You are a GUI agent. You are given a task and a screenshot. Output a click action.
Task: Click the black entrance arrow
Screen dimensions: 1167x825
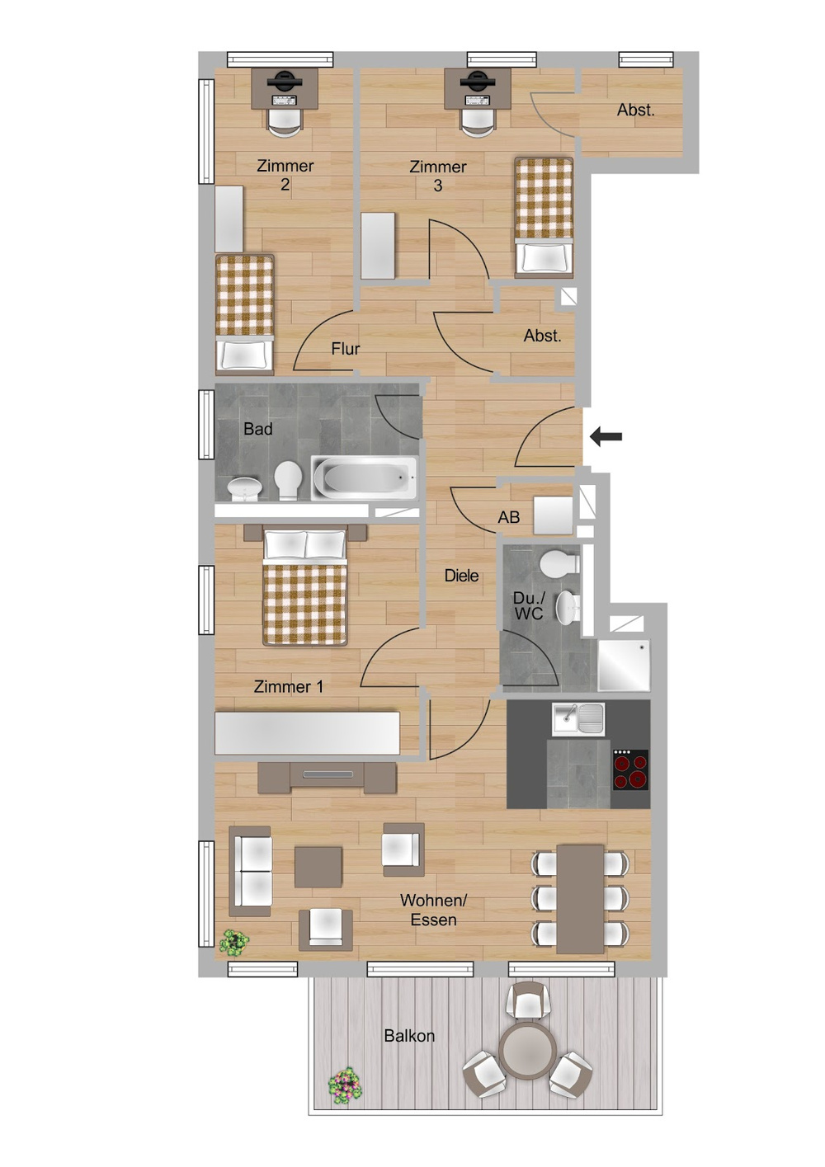click(x=606, y=437)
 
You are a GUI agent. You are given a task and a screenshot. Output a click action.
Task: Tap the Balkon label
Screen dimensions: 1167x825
click(x=409, y=1036)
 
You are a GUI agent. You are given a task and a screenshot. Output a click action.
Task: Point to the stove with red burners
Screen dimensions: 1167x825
click(x=630, y=770)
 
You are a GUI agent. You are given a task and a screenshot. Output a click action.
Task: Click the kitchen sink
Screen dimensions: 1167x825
click(x=578, y=719)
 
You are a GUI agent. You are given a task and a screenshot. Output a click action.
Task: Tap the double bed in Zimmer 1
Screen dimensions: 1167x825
click(x=304, y=588)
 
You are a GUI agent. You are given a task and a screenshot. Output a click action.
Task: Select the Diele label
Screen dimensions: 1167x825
click(x=461, y=576)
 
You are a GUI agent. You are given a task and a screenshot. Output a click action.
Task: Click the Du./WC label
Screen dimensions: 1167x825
click(x=529, y=605)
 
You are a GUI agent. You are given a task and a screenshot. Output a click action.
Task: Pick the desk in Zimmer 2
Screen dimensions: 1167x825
click(x=285, y=88)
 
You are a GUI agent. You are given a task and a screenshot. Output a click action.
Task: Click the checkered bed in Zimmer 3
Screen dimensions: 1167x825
click(x=544, y=214)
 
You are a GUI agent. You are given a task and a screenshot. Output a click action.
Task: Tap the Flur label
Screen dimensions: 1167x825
click(x=346, y=349)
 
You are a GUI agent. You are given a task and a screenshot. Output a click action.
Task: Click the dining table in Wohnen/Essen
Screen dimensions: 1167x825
click(x=580, y=898)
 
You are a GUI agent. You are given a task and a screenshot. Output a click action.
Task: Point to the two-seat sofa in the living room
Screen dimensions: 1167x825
click(x=250, y=871)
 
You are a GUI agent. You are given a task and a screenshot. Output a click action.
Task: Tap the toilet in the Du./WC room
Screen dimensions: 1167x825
click(x=560, y=565)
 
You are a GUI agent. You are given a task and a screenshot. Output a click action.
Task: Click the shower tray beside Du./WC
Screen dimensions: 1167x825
click(x=624, y=665)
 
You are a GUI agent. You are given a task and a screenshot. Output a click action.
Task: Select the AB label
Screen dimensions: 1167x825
click(x=509, y=517)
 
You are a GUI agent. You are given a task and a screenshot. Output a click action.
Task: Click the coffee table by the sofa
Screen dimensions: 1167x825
click(x=318, y=867)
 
